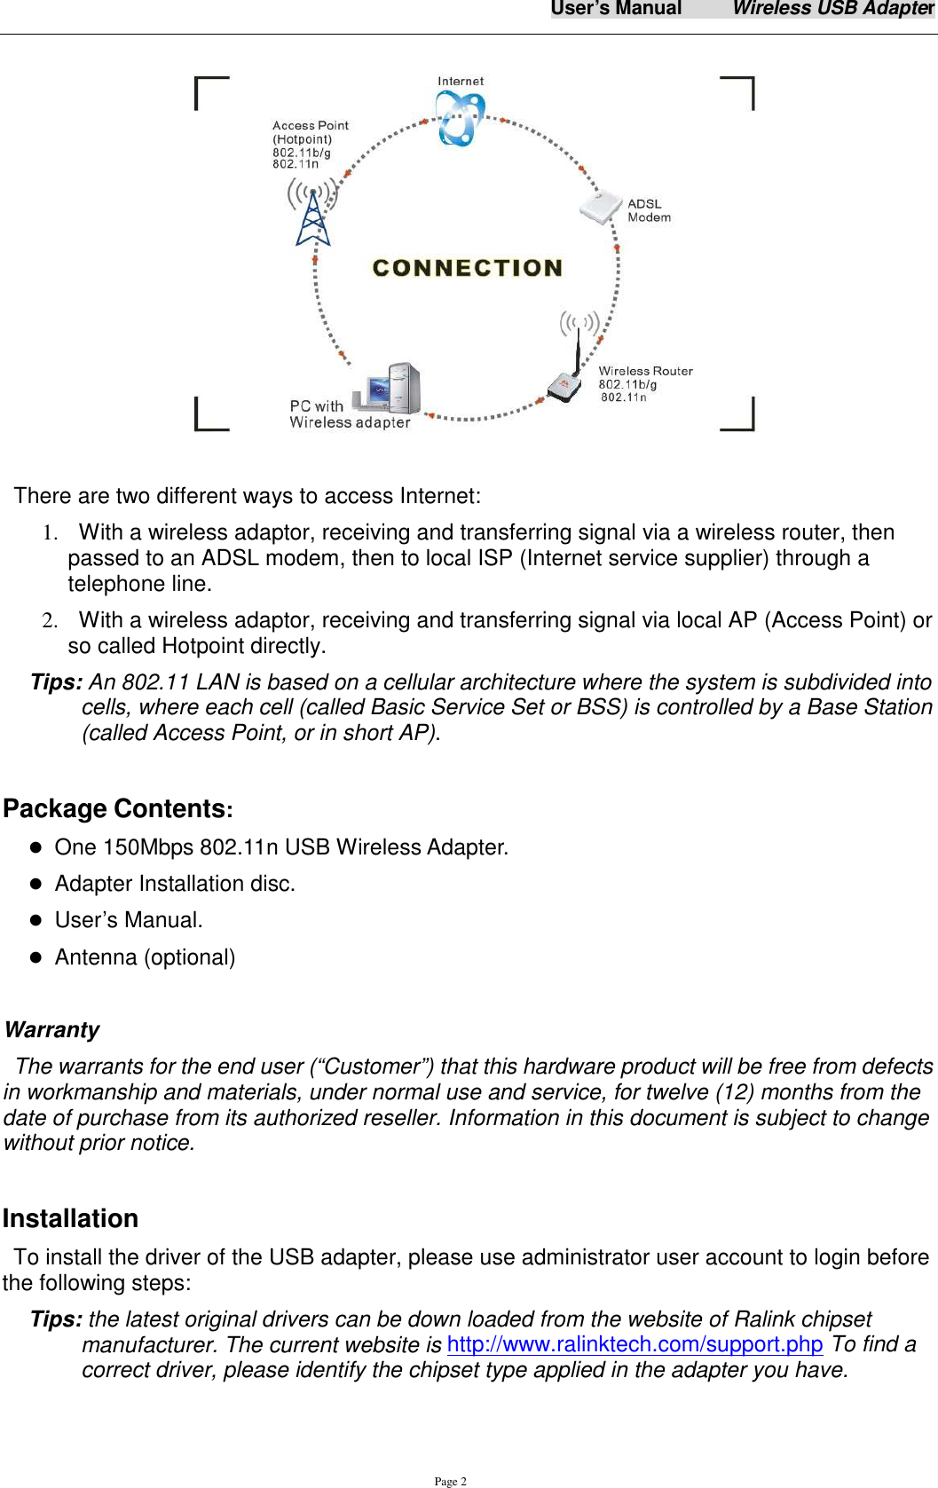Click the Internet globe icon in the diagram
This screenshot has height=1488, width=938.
click(x=459, y=120)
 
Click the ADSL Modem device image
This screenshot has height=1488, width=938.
click(x=601, y=208)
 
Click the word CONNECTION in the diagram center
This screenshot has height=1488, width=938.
click(x=468, y=268)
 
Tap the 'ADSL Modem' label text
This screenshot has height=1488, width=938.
click(x=649, y=210)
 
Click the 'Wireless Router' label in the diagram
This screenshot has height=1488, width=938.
click(x=645, y=371)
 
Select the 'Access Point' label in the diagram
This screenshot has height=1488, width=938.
click(x=310, y=126)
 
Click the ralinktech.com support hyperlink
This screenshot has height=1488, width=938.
click(x=635, y=1344)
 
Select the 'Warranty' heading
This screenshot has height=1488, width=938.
click(x=51, y=1029)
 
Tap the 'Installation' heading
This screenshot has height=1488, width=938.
click(x=70, y=1218)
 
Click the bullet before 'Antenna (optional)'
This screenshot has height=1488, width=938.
click(x=36, y=957)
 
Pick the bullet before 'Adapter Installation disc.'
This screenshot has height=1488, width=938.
click(x=36, y=884)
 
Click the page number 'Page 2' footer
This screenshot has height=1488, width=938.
click(x=450, y=1481)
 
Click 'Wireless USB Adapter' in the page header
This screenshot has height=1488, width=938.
click(x=832, y=9)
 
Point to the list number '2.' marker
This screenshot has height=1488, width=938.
click(x=51, y=620)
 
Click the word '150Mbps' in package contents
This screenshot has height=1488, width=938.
click(x=148, y=847)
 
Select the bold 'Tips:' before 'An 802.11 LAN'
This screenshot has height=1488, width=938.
click(x=57, y=682)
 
